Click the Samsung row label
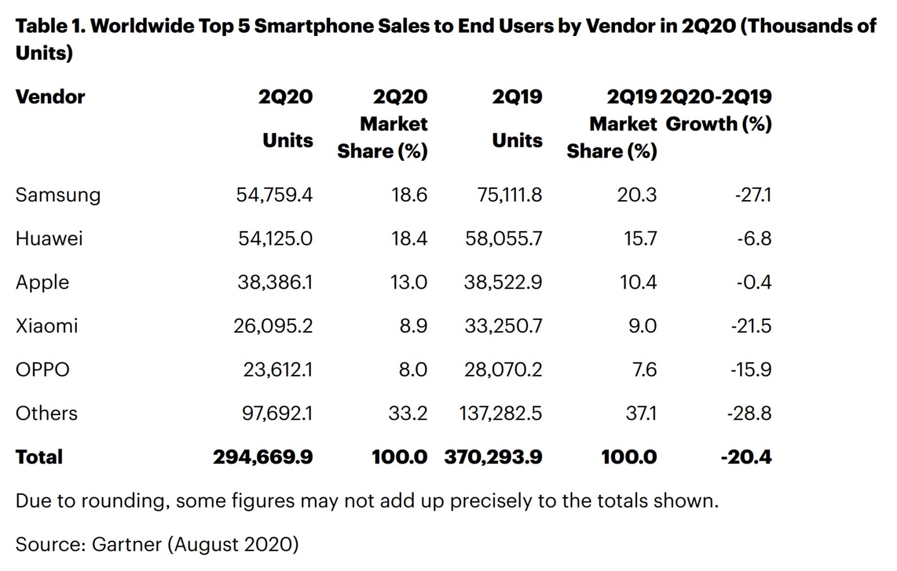pyautogui.click(x=58, y=195)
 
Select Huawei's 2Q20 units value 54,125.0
pyautogui.click(x=275, y=239)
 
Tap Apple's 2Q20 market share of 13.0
pyautogui.click(x=409, y=282)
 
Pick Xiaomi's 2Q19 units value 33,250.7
pyautogui.click(x=503, y=326)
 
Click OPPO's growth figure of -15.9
pyautogui.click(x=751, y=370)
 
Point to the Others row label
pyautogui.click(x=47, y=414)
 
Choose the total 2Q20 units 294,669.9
pyautogui.click(x=262, y=457)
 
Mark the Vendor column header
pyautogui.click(x=50, y=97)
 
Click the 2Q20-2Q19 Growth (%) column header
pyautogui.click(x=716, y=110)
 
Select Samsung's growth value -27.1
pyautogui.click(x=753, y=195)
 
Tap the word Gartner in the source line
pyautogui.click(x=127, y=545)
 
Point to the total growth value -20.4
pyautogui.click(x=746, y=457)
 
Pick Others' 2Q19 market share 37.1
pyautogui.click(x=641, y=414)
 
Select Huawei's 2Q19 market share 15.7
pyautogui.click(x=640, y=239)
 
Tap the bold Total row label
pyautogui.click(x=39, y=457)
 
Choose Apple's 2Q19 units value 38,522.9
pyautogui.click(x=502, y=282)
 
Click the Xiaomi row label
pyautogui.click(x=47, y=326)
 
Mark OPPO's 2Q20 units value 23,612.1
pyautogui.click(x=278, y=370)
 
